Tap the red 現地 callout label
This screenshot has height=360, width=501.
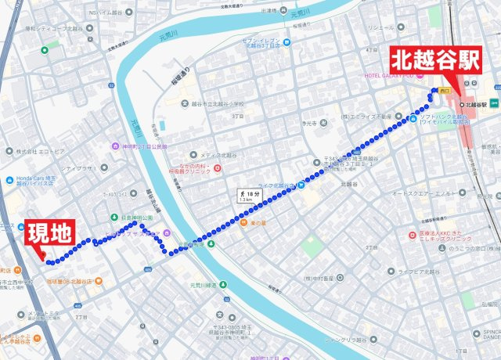click(50, 232)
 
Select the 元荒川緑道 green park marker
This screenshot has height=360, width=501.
click(224, 285)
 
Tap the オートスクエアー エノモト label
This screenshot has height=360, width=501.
click(423, 193)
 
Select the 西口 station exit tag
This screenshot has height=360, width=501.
click(445, 91)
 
